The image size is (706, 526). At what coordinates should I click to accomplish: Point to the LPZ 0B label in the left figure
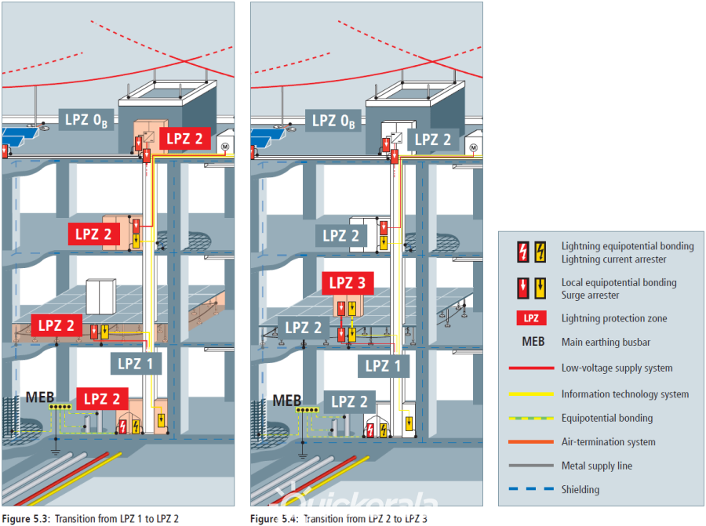pos(88,120)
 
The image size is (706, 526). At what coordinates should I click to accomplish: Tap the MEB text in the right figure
pos(287,401)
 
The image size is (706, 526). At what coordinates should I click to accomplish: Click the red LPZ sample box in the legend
pos(531,318)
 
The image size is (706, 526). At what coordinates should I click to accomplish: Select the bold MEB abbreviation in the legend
pos(531,343)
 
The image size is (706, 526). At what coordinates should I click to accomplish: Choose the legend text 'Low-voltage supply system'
pos(617,368)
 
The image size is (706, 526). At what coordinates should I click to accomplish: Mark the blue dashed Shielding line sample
pos(530,489)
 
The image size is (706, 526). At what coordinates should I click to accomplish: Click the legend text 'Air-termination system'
pos(608,442)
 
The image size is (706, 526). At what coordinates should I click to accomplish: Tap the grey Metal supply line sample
pos(530,466)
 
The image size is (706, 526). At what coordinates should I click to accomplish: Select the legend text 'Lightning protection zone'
pos(614,318)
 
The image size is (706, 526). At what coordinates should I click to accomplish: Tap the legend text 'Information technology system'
pos(625,394)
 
